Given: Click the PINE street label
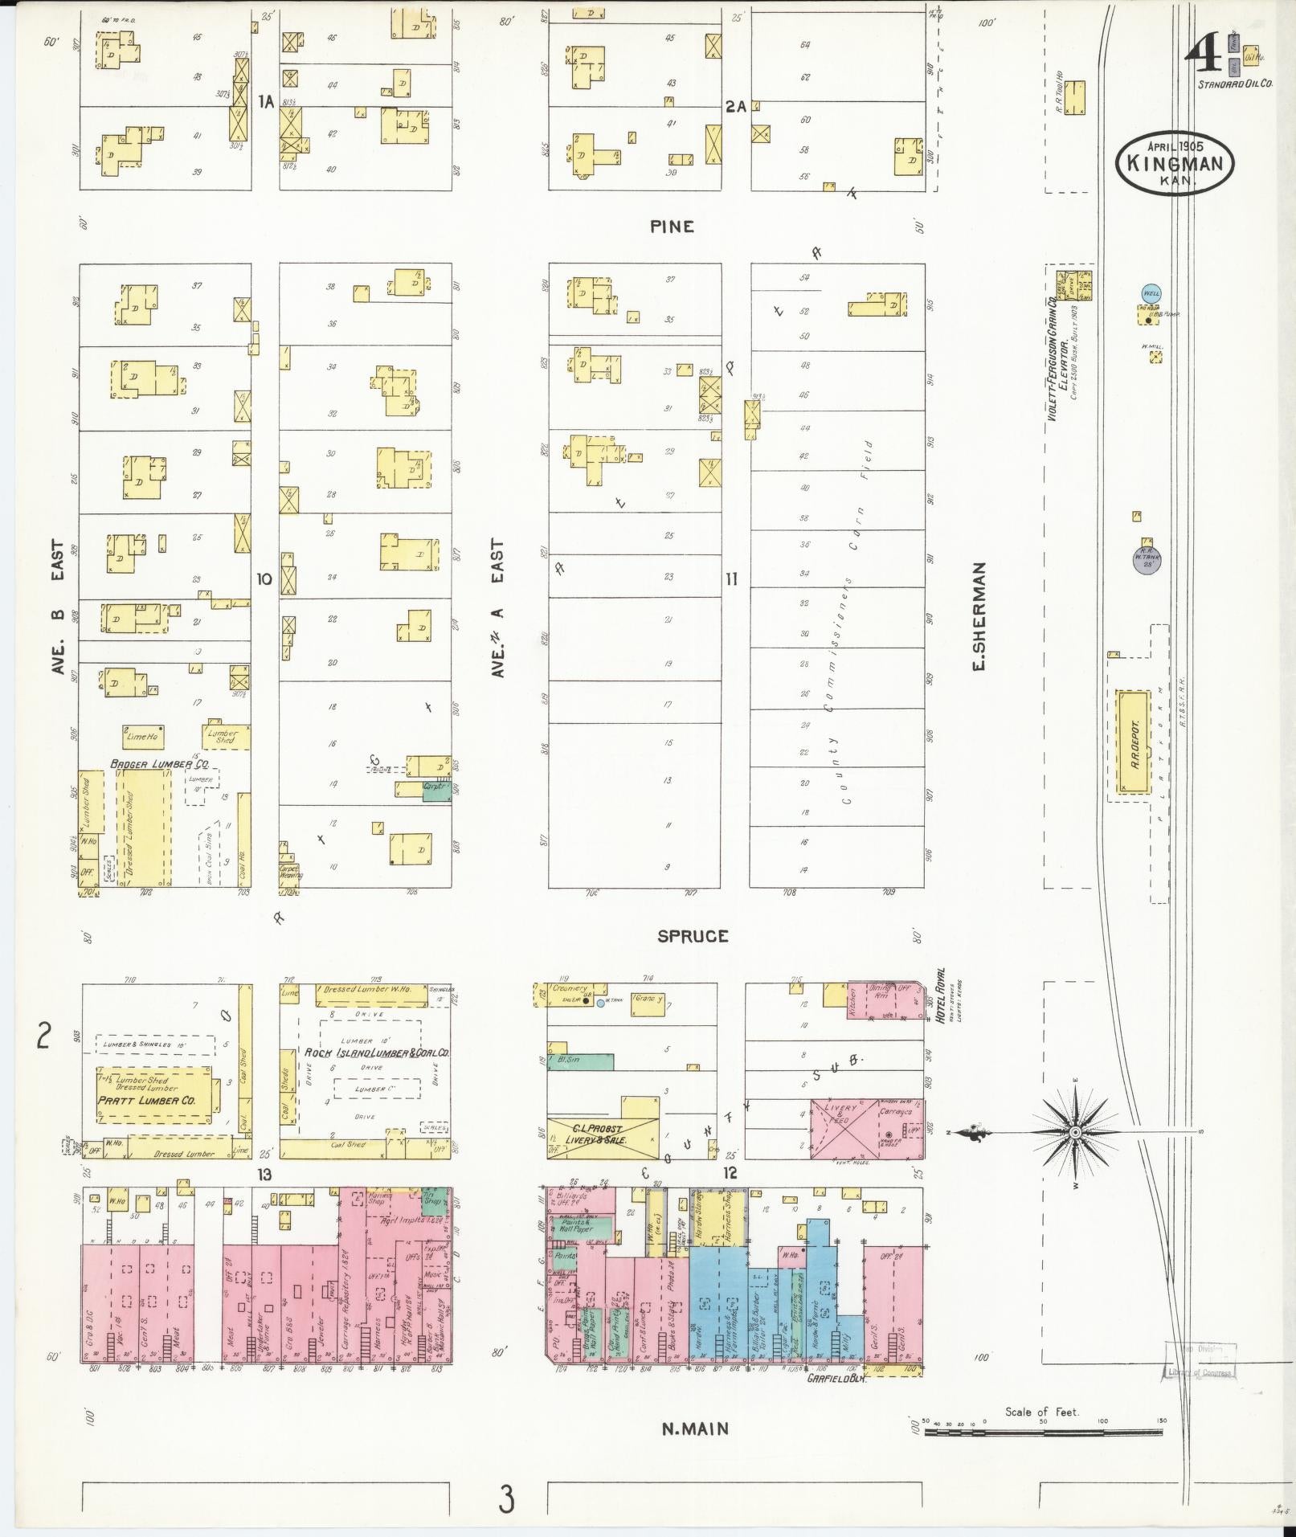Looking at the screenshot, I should (672, 227).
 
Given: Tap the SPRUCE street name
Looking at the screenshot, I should (693, 936).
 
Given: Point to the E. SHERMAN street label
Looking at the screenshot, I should (979, 616).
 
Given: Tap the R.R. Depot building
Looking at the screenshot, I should (1134, 742).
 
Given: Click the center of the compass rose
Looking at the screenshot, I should (1074, 1132).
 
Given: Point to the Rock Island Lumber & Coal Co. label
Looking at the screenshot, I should (376, 1053).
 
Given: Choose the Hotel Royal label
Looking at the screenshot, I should (939, 996).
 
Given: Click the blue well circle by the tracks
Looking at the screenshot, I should (1151, 293).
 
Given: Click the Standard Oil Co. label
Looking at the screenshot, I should (1235, 84).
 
